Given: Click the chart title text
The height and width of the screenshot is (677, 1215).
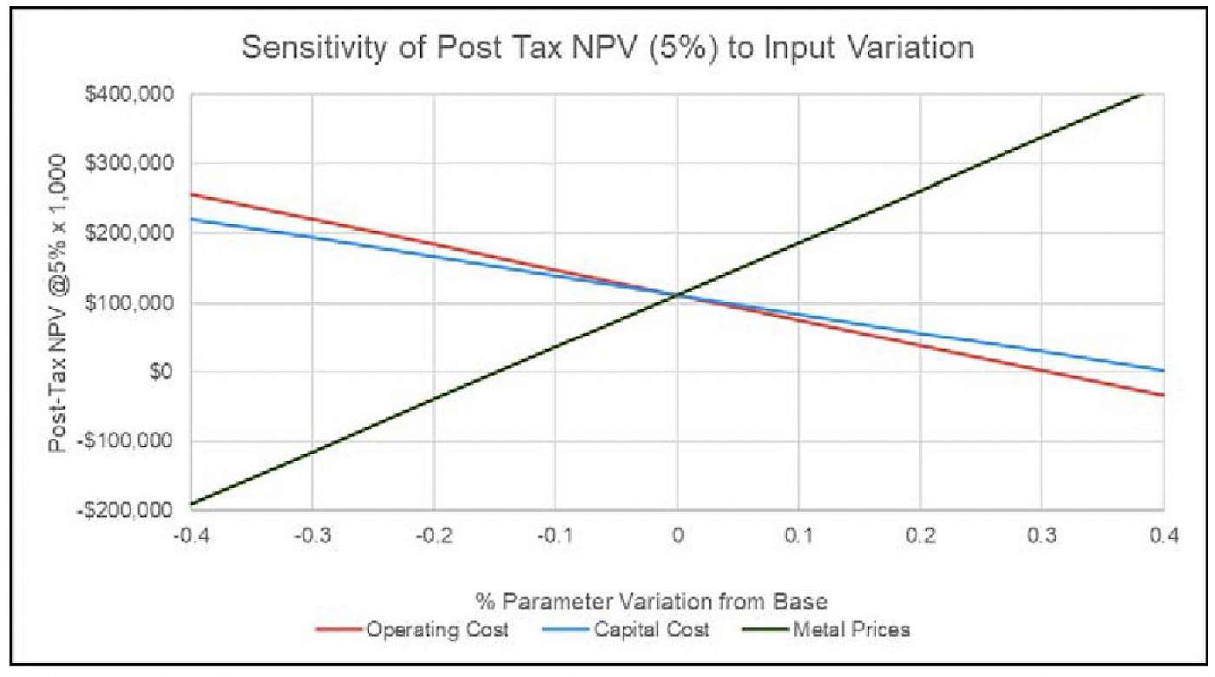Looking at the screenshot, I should click(x=607, y=49).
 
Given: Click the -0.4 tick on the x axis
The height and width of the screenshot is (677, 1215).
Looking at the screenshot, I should click(x=190, y=536).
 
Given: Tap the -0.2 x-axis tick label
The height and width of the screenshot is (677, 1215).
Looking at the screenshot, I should click(x=433, y=536).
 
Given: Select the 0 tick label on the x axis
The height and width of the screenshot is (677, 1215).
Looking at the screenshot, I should click(x=677, y=536).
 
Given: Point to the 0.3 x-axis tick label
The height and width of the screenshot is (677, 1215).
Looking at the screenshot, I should click(x=1041, y=536).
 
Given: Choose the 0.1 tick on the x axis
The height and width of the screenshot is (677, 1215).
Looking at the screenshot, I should click(x=798, y=536).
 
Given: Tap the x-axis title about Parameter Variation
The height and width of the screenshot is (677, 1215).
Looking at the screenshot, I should click(x=607, y=601).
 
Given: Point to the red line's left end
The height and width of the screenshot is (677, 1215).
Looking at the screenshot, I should click(x=191, y=194).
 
